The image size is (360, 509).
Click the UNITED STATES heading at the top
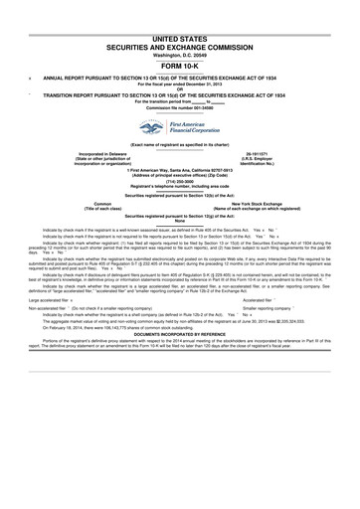(180, 35)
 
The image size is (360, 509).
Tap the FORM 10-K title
(180, 66)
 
